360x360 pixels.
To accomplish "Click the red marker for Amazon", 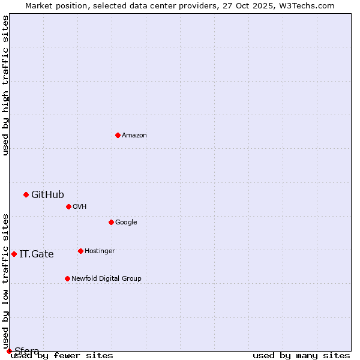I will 118,135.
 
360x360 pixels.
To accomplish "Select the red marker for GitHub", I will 26,194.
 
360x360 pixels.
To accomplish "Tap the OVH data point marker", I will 68,206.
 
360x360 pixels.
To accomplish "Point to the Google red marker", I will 111,222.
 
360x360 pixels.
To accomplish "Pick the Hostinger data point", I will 80,251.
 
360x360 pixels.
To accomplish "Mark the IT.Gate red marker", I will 14,254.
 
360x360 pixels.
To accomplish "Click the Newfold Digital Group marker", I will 67,278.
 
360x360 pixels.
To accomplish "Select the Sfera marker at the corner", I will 9,351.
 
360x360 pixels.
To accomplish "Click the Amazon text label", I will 134,136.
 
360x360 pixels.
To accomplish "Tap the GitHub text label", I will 47,194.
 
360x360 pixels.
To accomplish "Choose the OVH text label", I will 80,207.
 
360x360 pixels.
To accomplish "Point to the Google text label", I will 126,223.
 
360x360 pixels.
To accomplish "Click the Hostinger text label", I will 100,251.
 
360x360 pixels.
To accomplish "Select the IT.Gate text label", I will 36,254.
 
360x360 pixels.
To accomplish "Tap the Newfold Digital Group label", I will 106,279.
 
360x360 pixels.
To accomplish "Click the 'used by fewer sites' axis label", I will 62,356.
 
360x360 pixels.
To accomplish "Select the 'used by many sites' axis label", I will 301,356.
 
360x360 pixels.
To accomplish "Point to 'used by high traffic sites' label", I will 5,85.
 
